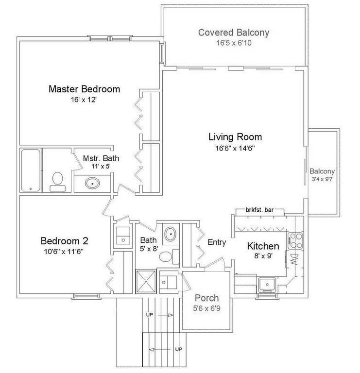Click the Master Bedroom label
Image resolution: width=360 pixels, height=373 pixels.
[84, 89]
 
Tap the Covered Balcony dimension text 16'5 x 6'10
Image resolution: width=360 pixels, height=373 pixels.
[233, 43]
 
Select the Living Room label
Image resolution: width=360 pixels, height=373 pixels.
[235, 137]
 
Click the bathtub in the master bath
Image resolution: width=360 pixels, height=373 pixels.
[31, 170]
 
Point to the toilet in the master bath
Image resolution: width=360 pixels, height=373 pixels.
[57, 180]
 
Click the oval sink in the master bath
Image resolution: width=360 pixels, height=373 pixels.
[92, 184]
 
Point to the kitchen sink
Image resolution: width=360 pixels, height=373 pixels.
[267, 283]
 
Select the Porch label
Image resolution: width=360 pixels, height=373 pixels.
[206, 298]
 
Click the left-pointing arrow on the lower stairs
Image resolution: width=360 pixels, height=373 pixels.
[154, 348]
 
